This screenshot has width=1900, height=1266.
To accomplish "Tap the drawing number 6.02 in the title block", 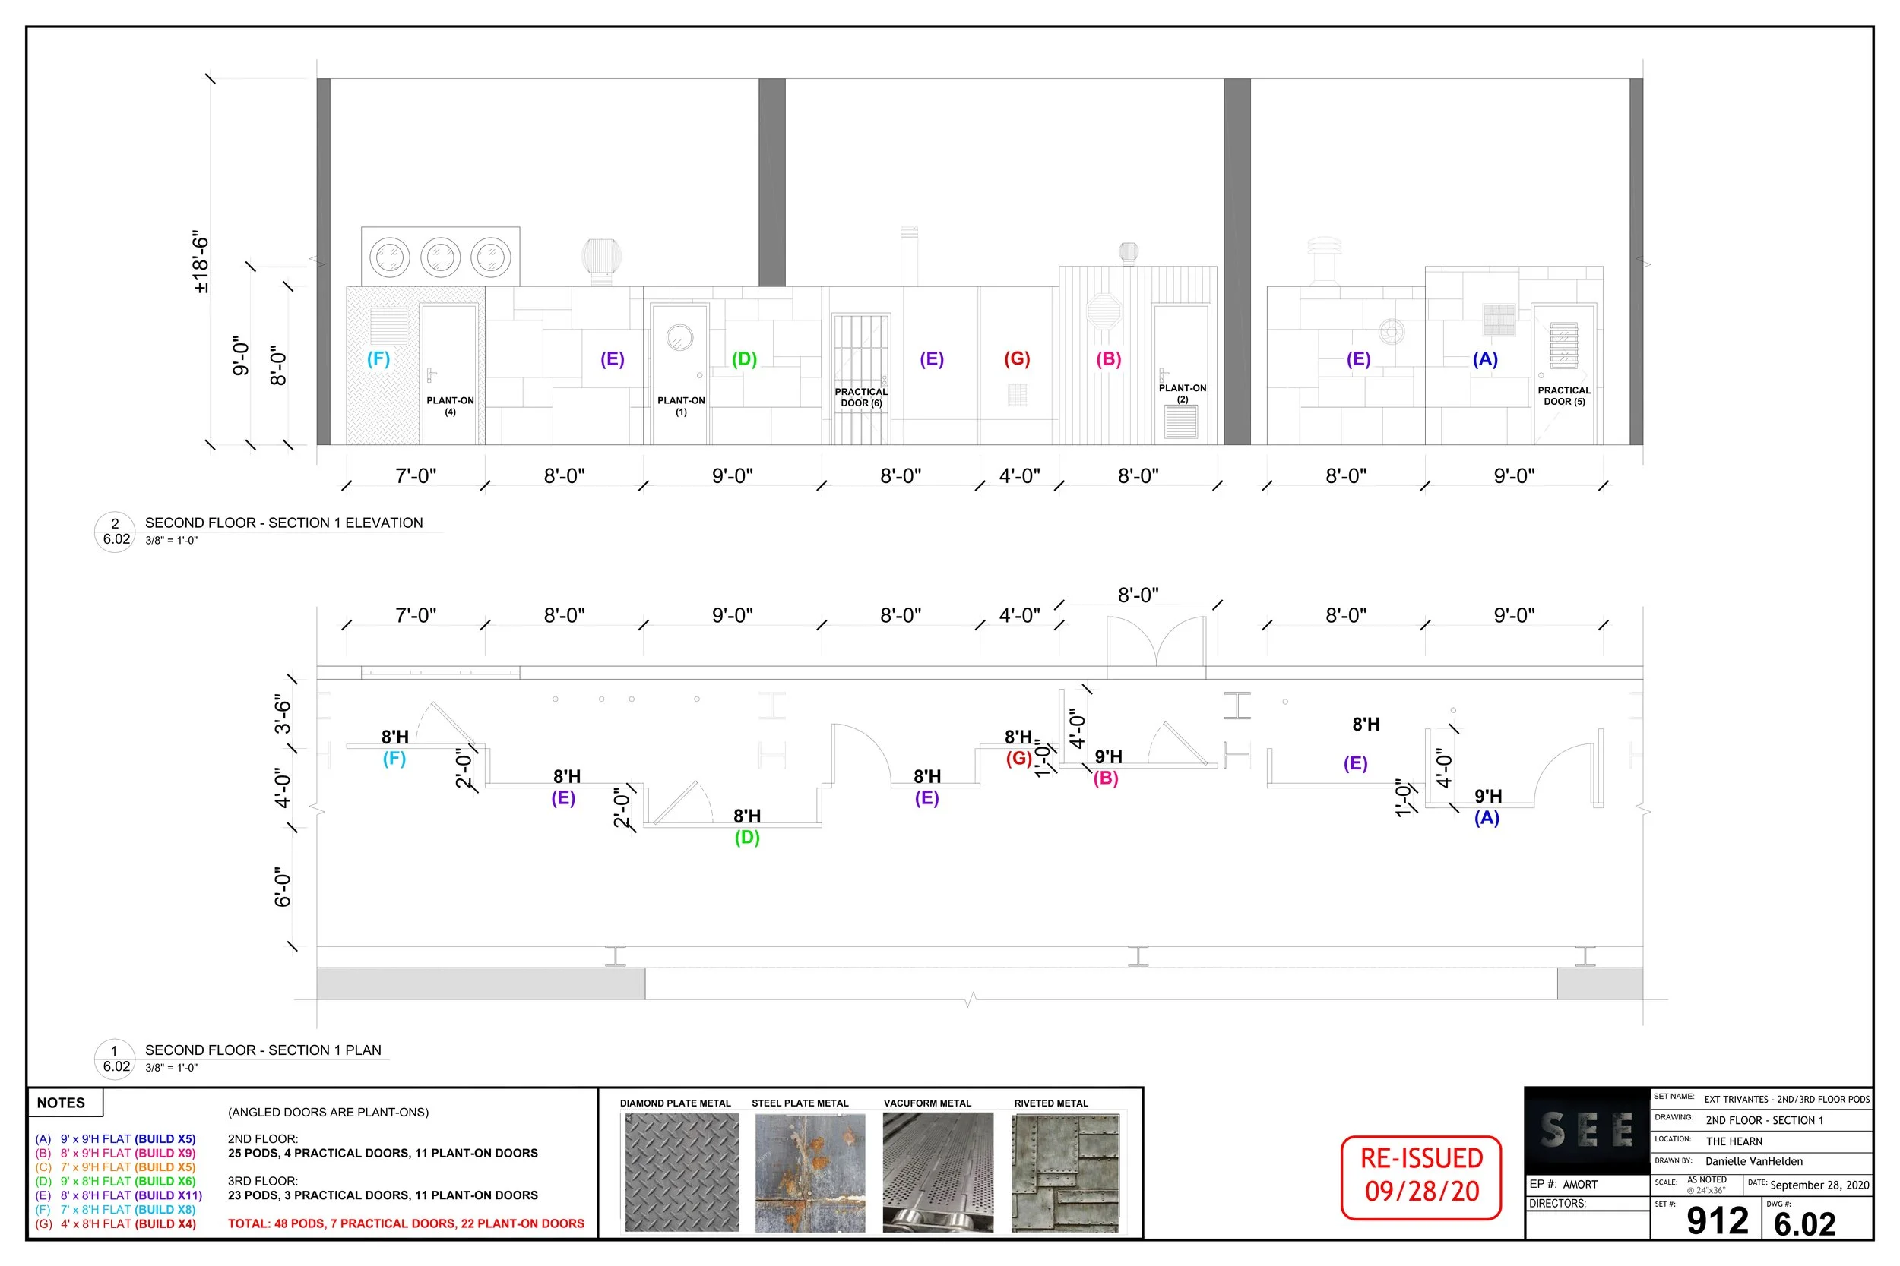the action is point(1805,1224).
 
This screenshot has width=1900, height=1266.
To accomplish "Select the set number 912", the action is point(1718,1220).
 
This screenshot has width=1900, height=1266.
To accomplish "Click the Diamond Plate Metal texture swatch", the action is point(682,1173).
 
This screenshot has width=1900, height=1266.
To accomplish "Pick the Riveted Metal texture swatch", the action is point(1066,1173).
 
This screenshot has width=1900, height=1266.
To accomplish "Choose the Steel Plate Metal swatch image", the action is point(810,1173).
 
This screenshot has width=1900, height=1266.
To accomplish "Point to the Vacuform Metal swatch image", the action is point(938,1173).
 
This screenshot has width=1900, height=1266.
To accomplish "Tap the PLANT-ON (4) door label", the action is point(450,406).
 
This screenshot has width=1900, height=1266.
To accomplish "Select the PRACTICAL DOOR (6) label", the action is point(861,397).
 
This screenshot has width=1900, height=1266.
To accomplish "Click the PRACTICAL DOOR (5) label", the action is point(1564,396).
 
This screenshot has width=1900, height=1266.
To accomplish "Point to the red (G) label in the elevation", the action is point(1017,358).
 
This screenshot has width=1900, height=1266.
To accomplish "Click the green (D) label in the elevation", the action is point(744,358).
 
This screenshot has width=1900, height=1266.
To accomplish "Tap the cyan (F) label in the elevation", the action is point(378,358).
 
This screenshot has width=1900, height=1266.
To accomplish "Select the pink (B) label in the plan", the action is point(1106,778).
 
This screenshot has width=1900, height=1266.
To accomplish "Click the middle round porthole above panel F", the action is point(440,257).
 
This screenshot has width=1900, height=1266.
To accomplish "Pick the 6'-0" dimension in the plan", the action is point(282,887).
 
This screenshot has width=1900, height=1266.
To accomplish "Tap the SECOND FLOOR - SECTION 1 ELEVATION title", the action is point(283,523).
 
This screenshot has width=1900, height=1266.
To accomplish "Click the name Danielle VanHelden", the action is point(1754,1162).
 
